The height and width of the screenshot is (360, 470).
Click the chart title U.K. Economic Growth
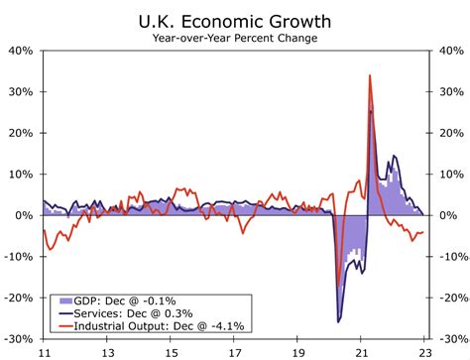coord(235,19)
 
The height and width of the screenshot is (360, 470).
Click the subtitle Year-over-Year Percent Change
coord(235,38)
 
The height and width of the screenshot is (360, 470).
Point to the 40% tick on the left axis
coord(22,50)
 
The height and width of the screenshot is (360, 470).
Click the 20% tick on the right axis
coord(449,132)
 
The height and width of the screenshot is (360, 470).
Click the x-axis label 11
coord(44,351)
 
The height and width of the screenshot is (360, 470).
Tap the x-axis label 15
coord(171,351)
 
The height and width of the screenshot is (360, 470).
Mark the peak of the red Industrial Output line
coord(370,74)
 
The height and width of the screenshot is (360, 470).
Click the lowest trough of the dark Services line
coord(339,321)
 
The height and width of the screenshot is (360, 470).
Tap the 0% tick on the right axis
coord(447,215)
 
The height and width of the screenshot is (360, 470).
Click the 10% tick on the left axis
coord(22,174)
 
